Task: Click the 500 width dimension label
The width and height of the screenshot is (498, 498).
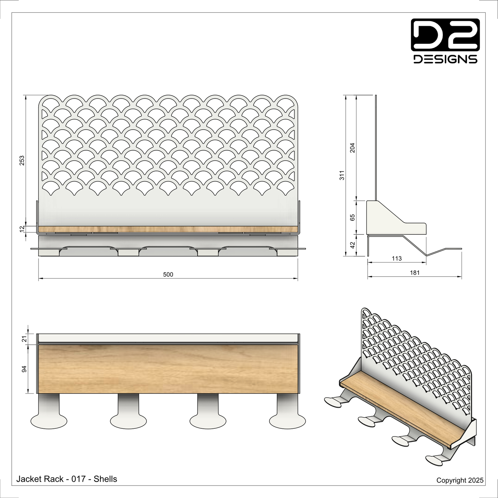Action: [168, 275]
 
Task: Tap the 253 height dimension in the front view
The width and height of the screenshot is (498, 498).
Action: [22, 160]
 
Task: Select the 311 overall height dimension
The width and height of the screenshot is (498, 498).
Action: [342, 175]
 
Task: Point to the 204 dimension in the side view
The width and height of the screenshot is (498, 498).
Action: [352, 148]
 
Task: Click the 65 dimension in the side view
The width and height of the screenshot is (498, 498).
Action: [352, 217]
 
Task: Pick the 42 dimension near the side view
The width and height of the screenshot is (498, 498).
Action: [352, 245]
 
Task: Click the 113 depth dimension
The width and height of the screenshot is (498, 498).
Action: [397, 258]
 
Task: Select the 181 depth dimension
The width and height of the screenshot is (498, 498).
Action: [415, 273]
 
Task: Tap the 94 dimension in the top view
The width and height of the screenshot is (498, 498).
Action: [24, 369]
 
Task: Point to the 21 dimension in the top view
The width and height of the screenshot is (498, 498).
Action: [24, 339]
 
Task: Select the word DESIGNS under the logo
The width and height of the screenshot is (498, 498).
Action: [445, 59]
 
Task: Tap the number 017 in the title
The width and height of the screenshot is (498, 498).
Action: [79, 479]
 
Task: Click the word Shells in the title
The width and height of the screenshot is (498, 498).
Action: [105, 479]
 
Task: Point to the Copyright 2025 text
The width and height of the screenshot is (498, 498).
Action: [460, 480]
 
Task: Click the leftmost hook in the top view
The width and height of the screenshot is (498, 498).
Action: [49, 417]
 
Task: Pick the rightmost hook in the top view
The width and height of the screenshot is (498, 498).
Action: [287, 417]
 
